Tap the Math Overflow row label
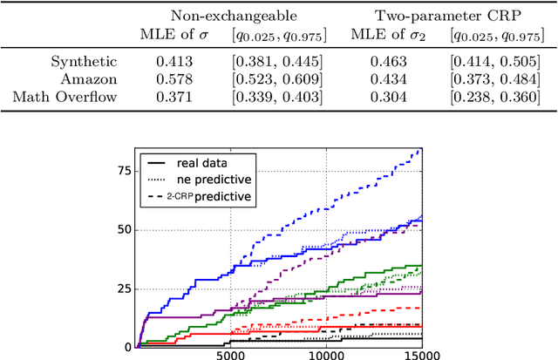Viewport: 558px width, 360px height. pyautogui.click(x=69, y=95)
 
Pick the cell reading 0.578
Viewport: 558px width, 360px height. pyautogui.click(x=178, y=78)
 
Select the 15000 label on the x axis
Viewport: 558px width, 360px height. pyautogui.click(x=421, y=353)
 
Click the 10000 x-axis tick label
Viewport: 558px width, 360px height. pyautogui.click(x=326, y=353)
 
